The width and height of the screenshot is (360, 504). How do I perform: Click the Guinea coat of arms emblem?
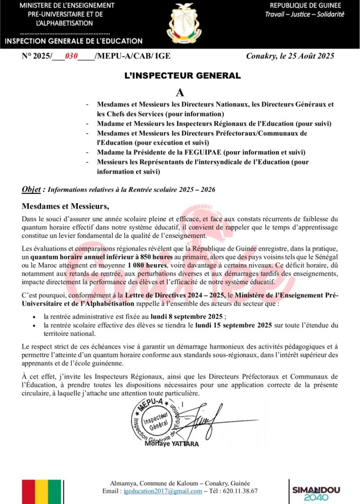[184, 23]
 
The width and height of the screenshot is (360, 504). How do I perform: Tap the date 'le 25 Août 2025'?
[304, 56]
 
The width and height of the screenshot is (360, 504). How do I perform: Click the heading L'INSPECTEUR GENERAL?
[182, 76]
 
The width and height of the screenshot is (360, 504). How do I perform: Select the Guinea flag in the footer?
[41, 492]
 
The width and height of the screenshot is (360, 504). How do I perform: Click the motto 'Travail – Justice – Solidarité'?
[305, 14]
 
